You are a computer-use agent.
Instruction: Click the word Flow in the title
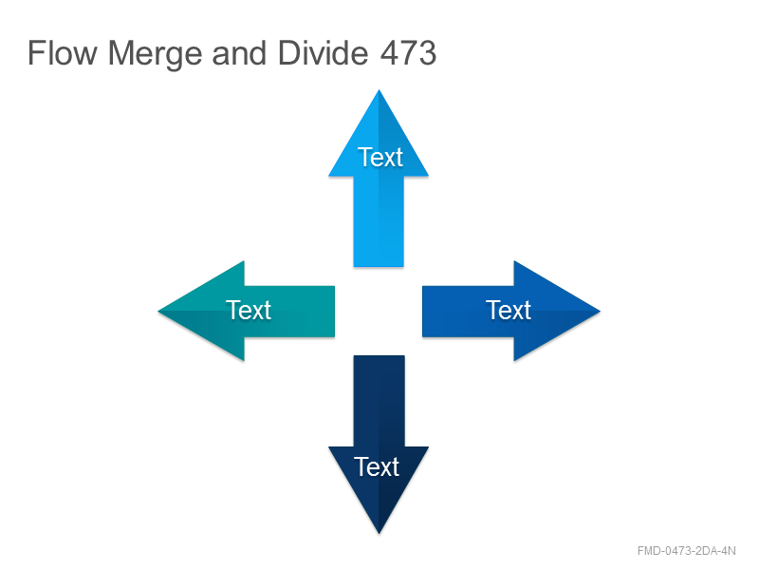[x=63, y=53]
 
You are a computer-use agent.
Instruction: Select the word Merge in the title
[x=155, y=54]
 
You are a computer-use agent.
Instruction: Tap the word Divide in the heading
[x=324, y=53]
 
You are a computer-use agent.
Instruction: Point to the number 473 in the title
[x=408, y=53]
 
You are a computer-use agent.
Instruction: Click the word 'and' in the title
[x=240, y=53]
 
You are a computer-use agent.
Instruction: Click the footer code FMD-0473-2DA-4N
[x=686, y=551]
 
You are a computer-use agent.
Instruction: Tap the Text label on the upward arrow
[x=380, y=158]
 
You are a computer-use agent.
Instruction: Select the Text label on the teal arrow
[x=249, y=311]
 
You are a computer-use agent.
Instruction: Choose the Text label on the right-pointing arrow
[x=509, y=311]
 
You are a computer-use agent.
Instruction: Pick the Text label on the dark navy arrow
[x=377, y=467]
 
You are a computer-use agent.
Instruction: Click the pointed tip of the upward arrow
[x=379, y=90]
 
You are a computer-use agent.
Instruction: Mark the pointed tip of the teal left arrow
[x=158, y=311]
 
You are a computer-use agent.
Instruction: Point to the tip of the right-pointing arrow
[x=600, y=312]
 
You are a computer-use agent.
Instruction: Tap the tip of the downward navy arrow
[x=379, y=533]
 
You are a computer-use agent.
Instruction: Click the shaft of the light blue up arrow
[x=379, y=221]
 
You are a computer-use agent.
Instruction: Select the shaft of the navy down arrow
[x=379, y=401]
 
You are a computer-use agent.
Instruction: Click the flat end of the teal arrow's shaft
[x=335, y=312]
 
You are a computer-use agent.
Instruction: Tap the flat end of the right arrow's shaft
[x=422, y=312]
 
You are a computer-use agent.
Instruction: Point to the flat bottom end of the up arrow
[x=379, y=266]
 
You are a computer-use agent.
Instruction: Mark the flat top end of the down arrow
[x=379, y=355]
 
